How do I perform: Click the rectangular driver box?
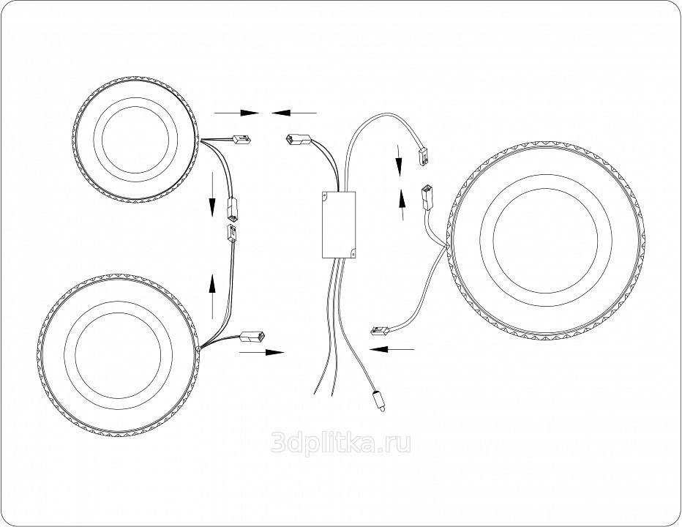pyautogui.click(x=339, y=225)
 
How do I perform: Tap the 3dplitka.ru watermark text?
pyautogui.click(x=340, y=443)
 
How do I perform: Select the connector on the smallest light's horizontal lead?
pyautogui.click(x=241, y=139)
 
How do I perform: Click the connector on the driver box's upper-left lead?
pyautogui.click(x=298, y=140)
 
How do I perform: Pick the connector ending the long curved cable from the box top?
pyautogui.click(x=423, y=157)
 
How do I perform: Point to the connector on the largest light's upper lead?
pyautogui.click(x=426, y=198)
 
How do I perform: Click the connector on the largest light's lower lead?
pyautogui.click(x=379, y=332)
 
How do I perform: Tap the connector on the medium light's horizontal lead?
pyautogui.click(x=252, y=336)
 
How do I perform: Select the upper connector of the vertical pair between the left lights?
pyautogui.click(x=232, y=209)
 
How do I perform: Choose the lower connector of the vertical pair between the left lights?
pyautogui.click(x=231, y=233)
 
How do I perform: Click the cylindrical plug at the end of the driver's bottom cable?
pyautogui.click(x=378, y=401)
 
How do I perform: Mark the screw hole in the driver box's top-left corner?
pyautogui.click(x=325, y=195)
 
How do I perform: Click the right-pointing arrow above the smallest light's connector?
pyautogui.click(x=236, y=113)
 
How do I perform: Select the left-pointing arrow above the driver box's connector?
pyautogui.click(x=294, y=113)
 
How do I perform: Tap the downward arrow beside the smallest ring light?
pyautogui.click(x=212, y=194)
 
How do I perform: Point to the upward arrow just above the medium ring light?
pyautogui.click(x=212, y=296)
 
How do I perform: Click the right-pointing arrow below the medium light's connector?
pyautogui.click(x=261, y=352)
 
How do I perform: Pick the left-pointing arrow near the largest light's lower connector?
pyautogui.click(x=391, y=348)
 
